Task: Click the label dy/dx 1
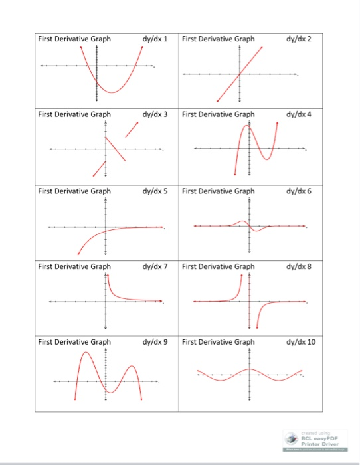click(155, 39)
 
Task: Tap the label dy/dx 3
click(155, 114)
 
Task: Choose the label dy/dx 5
click(155, 191)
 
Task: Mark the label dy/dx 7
click(155, 266)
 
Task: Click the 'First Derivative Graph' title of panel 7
click(74, 266)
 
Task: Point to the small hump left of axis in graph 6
click(243, 221)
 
